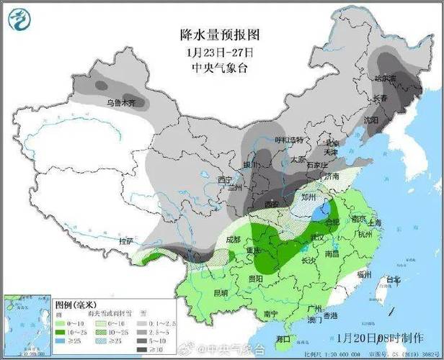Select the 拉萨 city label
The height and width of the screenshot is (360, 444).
coord(127,240)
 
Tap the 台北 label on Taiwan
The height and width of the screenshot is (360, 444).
coord(393,279)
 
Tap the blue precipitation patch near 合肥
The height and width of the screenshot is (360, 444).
coord(323,212)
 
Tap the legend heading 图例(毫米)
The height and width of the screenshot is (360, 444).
coord(74,305)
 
